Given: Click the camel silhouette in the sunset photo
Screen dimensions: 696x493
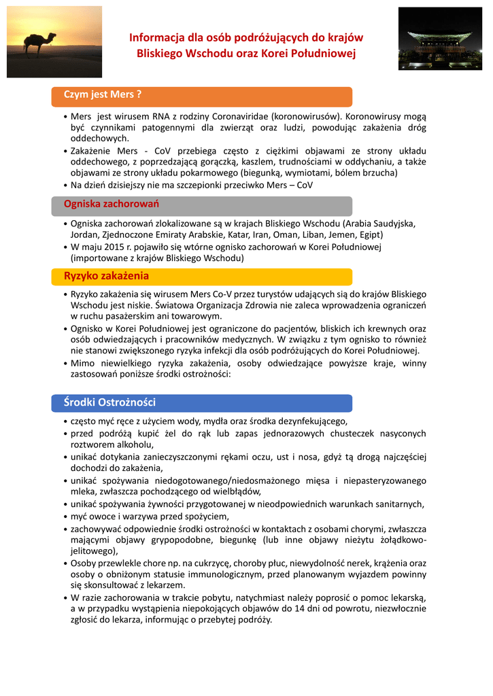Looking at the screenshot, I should click(x=41, y=43).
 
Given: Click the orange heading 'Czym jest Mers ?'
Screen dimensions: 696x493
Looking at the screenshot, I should click(x=102, y=94).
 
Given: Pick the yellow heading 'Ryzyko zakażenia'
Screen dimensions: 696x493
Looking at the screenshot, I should click(x=106, y=276).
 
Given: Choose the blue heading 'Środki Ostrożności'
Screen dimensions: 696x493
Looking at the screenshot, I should click(x=110, y=402).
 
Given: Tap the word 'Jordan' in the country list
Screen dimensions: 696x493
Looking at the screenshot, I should click(x=85, y=234).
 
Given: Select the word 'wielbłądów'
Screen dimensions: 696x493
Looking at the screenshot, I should click(x=237, y=491).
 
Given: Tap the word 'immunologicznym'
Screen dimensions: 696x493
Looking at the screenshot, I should click(x=221, y=574).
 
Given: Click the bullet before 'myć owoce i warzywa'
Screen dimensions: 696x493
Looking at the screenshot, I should click(x=65, y=517).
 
